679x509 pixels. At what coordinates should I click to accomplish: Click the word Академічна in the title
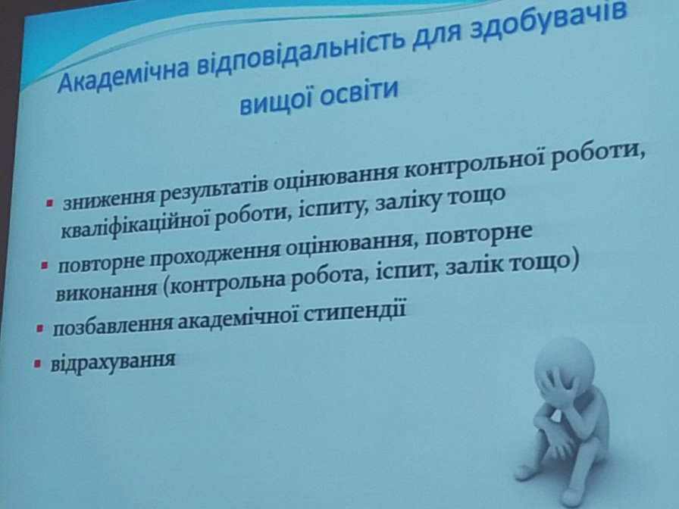[123, 75]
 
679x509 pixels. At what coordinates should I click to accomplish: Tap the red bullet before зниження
[50, 202]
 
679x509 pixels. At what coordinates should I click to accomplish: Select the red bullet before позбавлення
[40, 328]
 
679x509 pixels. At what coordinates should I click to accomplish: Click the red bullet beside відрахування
[37, 364]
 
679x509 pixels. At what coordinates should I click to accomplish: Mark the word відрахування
[113, 361]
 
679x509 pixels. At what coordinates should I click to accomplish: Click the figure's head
[565, 366]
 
